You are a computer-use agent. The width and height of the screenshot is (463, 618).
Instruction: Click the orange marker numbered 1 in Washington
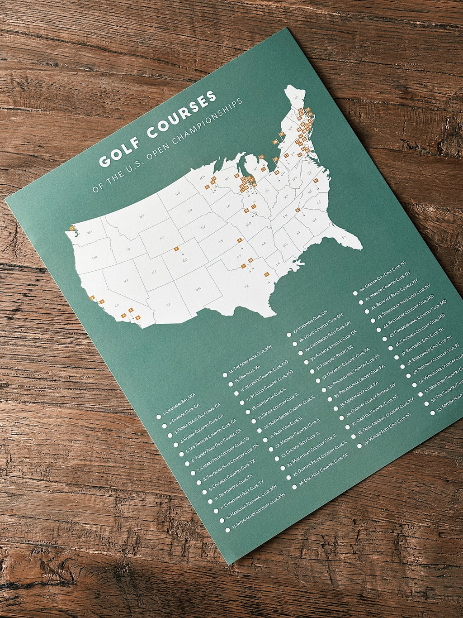pyautogui.click(x=72, y=228)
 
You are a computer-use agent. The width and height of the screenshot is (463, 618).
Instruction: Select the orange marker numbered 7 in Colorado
pyautogui.click(x=176, y=249)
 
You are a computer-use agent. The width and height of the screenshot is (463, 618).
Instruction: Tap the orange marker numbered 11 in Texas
pyautogui.click(x=267, y=274)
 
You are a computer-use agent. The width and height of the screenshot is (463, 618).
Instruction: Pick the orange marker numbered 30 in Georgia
pyautogui.click(x=298, y=210)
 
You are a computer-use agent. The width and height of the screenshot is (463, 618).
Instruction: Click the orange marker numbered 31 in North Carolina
pyautogui.click(x=316, y=181)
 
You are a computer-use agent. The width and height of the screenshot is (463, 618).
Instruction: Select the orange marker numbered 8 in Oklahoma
pyautogui.click(x=240, y=240)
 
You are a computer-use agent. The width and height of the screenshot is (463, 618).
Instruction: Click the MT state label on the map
pyautogui.click(x=141, y=216)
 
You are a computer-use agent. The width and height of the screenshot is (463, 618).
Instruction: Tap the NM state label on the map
pyautogui.click(x=198, y=288)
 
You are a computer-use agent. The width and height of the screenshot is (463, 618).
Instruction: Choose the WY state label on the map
pyautogui.click(x=162, y=237)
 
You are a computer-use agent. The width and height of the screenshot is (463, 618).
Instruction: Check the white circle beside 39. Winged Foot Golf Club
pyautogui.click(x=359, y=446)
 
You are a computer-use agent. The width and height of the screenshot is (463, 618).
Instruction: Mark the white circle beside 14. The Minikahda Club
pyautogui.click(x=225, y=375)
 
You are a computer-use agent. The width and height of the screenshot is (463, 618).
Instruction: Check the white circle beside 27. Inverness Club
pyautogui.click(x=289, y=335)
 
